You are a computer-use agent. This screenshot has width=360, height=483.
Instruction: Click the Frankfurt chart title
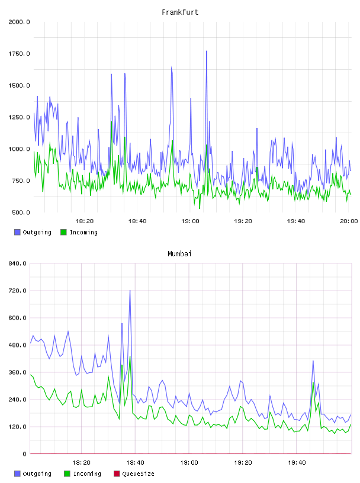pos(180,12)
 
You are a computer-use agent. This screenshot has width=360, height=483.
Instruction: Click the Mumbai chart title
pos(179,254)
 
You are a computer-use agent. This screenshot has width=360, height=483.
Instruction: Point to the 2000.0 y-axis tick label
pos(19,22)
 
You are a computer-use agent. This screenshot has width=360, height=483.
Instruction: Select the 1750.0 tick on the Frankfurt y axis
pos(19,54)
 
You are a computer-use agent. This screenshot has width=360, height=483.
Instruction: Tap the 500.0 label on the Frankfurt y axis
pos(21,212)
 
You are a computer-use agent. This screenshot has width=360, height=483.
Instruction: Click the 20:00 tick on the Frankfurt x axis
pos(349,221)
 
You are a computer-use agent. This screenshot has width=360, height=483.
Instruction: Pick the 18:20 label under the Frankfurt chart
pos(85,221)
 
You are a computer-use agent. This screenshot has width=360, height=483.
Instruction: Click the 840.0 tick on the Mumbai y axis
pos(18,263)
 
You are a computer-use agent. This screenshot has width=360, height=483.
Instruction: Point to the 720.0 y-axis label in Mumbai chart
pos(18,291)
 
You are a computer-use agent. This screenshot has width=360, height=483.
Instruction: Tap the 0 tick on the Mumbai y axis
pos(24,454)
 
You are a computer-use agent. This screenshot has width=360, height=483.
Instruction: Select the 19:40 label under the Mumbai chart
pos(297,463)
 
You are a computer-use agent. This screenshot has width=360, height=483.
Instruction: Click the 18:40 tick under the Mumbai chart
pos(135,463)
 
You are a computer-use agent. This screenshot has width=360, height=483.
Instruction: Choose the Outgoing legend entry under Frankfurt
pos(33,232)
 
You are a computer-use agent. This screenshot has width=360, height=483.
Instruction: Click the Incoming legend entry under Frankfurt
pos(79,232)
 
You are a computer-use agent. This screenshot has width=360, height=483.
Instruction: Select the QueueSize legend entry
pos(134,474)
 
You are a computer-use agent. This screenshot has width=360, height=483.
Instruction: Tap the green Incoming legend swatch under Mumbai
pos(67,474)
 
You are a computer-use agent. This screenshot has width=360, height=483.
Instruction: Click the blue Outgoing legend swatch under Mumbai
pos(17,474)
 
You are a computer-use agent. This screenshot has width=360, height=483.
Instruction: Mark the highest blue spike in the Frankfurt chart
pos(207,51)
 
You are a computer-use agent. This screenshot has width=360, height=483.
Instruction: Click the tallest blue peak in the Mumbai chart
pos(130,291)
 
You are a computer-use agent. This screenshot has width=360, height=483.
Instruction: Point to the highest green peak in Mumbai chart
pos(130,357)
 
